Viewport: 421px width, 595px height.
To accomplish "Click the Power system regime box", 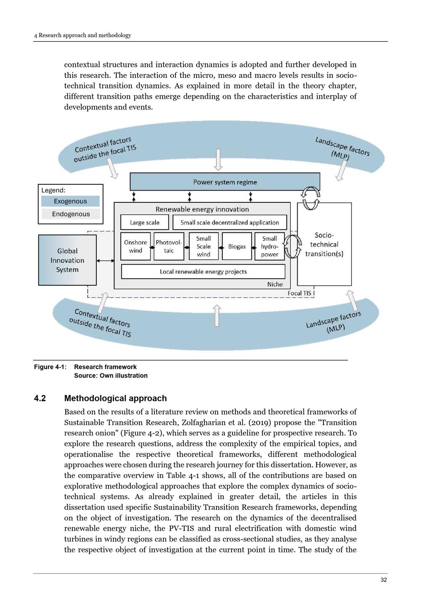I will (x=225, y=182).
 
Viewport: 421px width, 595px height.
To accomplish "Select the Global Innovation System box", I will (x=67, y=260).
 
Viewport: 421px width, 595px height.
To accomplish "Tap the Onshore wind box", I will (x=135, y=246).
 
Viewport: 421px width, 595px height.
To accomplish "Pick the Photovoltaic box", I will (x=169, y=246).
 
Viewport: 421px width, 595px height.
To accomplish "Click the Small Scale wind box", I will (x=203, y=246).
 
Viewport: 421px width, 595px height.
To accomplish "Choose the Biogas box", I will (x=237, y=246).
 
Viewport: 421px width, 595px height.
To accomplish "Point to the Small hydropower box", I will (x=269, y=246).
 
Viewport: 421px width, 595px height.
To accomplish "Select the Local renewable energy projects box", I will (x=203, y=271).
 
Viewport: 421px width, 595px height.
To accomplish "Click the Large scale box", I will (x=144, y=222).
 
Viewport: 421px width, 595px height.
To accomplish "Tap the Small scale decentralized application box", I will (x=229, y=222).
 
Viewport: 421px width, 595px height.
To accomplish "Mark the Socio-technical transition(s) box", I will (x=324, y=244).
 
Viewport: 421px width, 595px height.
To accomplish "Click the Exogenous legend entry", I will (x=70, y=201).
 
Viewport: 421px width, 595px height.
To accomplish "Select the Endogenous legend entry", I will (x=71, y=214).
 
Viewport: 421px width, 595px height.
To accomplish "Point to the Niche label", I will (x=275, y=284).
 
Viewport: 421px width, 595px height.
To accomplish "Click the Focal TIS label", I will (x=299, y=293).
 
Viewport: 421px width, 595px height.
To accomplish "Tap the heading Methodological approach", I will (x=115, y=398).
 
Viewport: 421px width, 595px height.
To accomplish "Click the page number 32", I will (x=384, y=580).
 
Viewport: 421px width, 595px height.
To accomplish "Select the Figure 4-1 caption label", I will (x=50, y=367).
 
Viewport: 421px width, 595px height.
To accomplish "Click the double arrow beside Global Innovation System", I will (x=105, y=261).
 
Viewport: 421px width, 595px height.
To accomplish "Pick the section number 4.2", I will (x=40, y=398).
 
